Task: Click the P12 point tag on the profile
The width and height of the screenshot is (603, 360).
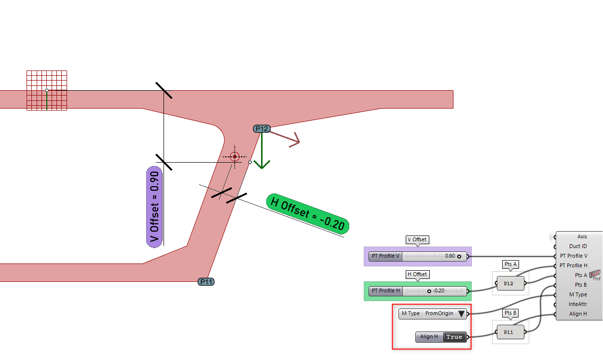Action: click(261, 128)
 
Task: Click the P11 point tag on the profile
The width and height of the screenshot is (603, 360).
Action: click(206, 282)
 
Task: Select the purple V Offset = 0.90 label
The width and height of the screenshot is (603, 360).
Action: click(154, 208)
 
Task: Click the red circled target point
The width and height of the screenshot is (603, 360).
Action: click(235, 157)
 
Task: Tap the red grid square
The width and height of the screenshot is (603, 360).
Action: click(46, 90)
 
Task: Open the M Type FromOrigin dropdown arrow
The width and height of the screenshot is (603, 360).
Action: click(461, 314)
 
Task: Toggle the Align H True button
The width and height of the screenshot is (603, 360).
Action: click(454, 337)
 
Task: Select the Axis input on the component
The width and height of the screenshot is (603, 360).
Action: click(582, 237)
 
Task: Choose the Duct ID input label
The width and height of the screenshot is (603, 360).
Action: click(578, 247)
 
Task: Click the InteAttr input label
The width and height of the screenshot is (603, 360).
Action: click(578, 305)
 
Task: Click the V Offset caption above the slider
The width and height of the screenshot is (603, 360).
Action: click(417, 240)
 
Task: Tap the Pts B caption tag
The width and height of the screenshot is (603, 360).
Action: click(510, 313)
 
